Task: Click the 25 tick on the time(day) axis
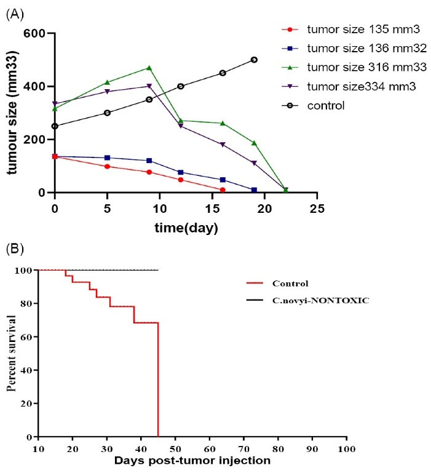coord(317,209)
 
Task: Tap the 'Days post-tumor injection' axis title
coord(192,459)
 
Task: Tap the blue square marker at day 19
coord(254,189)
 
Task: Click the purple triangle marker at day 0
coord(55,103)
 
